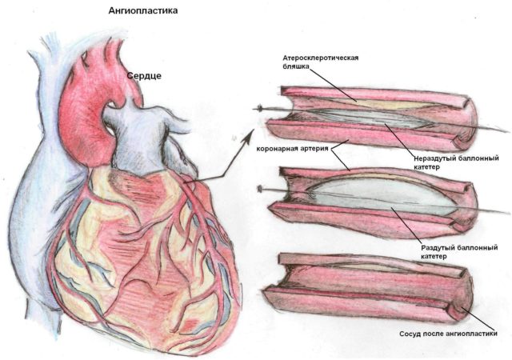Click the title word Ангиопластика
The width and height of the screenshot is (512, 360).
(x=143, y=10)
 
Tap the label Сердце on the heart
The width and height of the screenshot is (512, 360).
(x=144, y=76)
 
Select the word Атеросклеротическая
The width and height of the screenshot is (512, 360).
(x=321, y=58)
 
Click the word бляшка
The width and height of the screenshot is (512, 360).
(x=295, y=66)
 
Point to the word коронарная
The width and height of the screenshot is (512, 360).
(x=277, y=149)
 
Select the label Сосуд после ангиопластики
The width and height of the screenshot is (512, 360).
(x=448, y=334)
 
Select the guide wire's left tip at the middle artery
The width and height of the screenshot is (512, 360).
(x=260, y=189)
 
